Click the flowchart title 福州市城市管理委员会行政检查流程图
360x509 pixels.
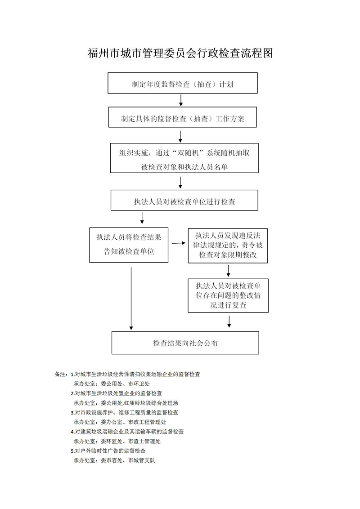(180, 53)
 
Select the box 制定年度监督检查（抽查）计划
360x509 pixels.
(183, 83)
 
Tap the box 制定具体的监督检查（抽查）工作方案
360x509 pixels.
(183, 117)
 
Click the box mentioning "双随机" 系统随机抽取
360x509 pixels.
(184, 158)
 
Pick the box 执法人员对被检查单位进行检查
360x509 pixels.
(184, 200)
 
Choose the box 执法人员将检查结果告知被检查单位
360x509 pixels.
(129, 245)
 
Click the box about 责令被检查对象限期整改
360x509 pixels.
(228, 246)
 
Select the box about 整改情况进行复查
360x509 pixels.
(228, 295)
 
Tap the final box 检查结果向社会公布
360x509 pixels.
(185, 343)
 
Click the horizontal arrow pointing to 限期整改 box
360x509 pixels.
(178, 243)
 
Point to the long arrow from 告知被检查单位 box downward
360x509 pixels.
(131, 299)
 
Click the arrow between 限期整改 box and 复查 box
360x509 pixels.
(229, 271)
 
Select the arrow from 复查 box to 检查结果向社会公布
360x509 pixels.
(229, 321)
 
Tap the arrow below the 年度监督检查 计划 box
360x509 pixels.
(181, 100)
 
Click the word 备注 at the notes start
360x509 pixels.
(60, 374)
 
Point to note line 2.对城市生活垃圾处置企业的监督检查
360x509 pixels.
(116, 393)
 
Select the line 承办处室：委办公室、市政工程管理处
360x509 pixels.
(120, 422)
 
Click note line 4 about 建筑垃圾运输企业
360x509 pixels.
(127, 432)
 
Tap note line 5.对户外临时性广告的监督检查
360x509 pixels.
(108, 451)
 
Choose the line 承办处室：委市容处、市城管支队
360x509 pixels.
(114, 460)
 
